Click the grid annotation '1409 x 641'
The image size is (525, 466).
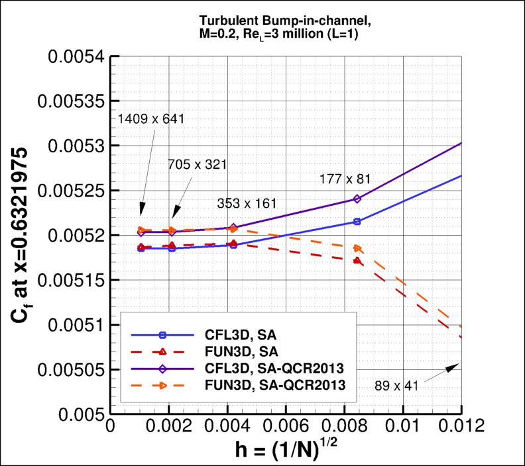150,118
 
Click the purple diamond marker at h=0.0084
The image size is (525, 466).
357,199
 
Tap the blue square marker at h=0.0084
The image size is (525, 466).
357,222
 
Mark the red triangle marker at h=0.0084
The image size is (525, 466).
357,261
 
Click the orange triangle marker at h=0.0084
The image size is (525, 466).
357,248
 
